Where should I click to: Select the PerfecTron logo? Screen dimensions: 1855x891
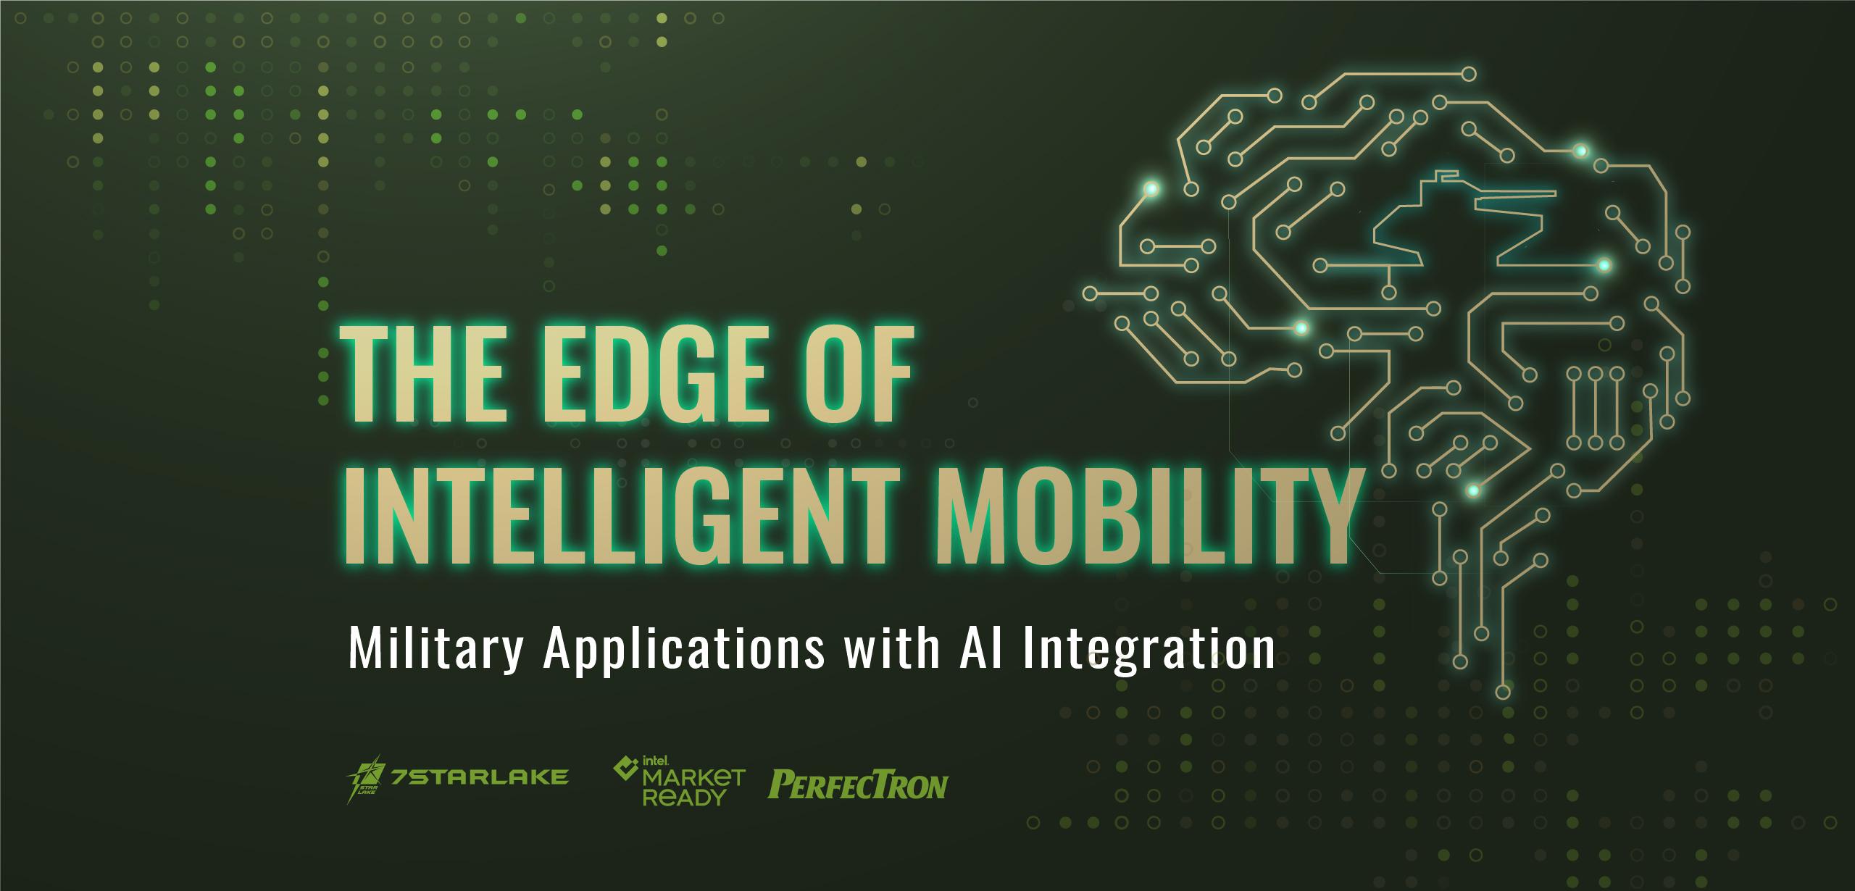(858, 785)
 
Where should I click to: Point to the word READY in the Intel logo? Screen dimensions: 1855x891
(679, 798)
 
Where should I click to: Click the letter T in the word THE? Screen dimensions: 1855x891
(369, 376)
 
